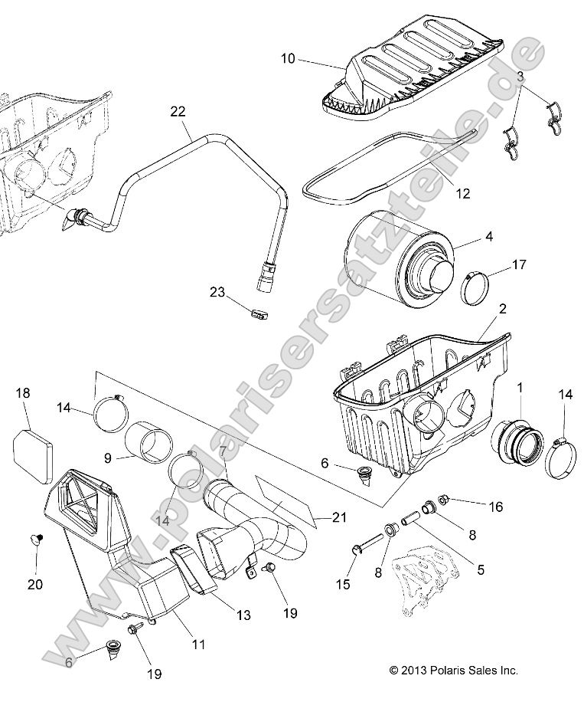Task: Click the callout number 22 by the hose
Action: click(x=178, y=112)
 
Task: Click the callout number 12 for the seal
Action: click(x=441, y=195)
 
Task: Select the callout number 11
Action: click(x=198, y=645)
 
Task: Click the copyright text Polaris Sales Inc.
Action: click(x=454, y=670)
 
